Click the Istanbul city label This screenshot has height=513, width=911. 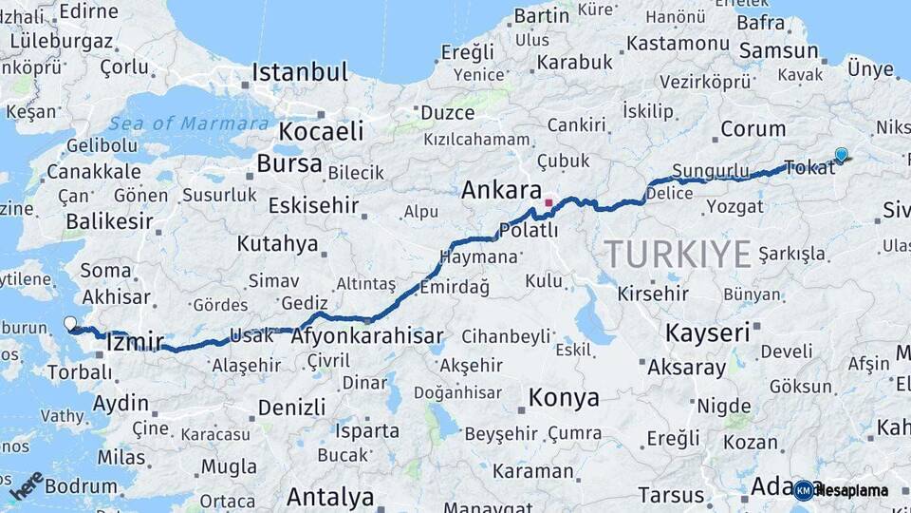[x=300, y=72]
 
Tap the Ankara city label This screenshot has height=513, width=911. [x=501, y=190]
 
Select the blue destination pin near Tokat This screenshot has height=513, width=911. [x=841, y=156]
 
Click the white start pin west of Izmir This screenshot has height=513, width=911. [x=70, y=324]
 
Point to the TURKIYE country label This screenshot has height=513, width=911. [x=679, y=254]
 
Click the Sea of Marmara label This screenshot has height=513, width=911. [x=188, y=123]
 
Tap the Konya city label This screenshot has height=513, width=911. [x=564, y=397]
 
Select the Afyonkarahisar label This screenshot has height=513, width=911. [x=367, y=336]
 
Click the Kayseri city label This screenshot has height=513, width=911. [x=707, y=332]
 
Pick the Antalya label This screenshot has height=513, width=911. [x=330, y=496]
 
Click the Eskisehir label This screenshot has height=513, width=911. [x=313, y=205]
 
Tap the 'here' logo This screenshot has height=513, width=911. [x=27, y=484]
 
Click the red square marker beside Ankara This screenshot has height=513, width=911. [x=548, y=202]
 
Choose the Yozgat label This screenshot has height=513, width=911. [x=734, y=205]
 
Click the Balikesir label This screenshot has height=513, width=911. [x=108, y=221]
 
